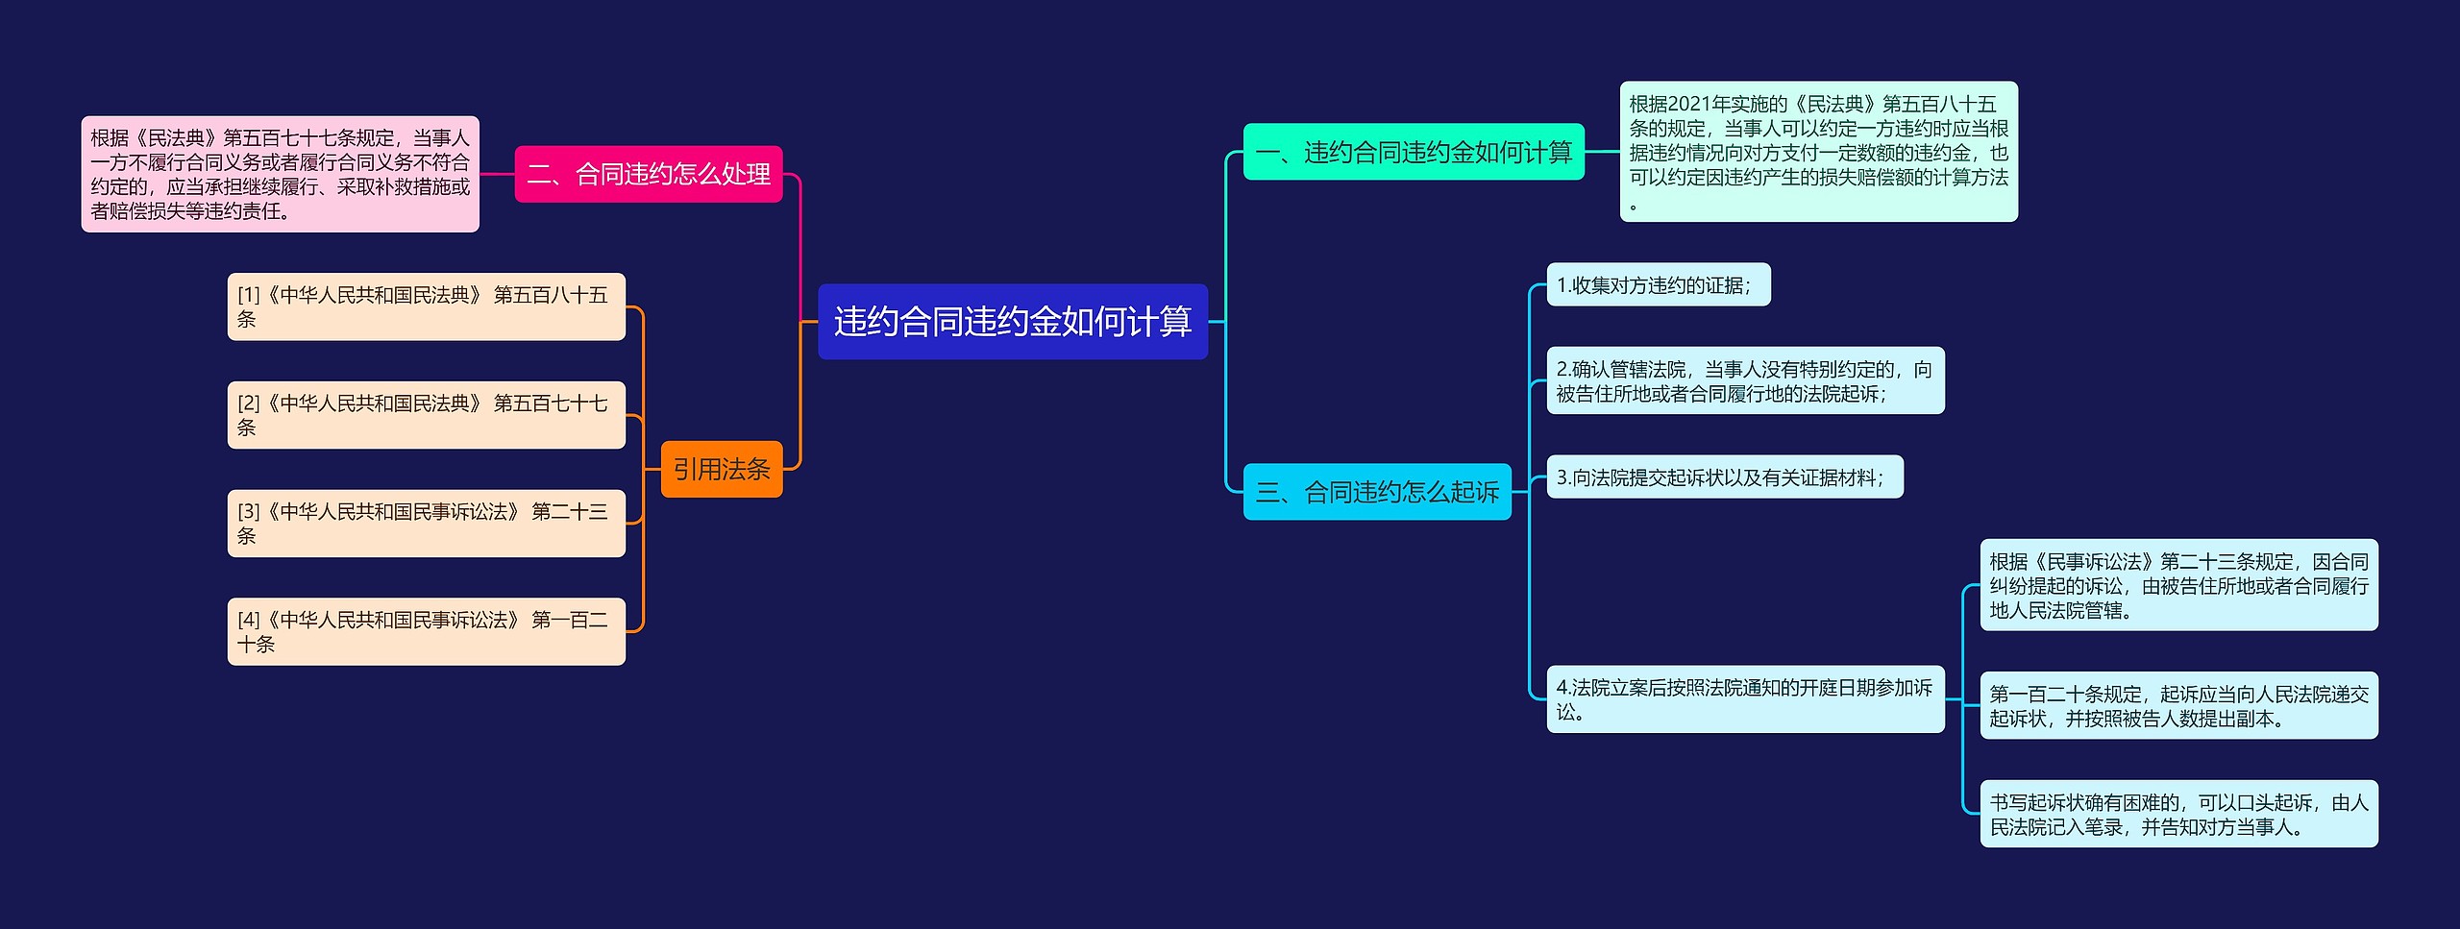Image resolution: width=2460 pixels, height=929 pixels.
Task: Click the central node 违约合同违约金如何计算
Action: pyautogui.click(x=1012, y=322)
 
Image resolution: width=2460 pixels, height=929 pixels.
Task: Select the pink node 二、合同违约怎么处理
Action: pyautogui.click(x=649, y=174)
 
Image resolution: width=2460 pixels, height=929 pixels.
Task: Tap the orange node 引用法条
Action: pyautogui.click(x=722, y=469)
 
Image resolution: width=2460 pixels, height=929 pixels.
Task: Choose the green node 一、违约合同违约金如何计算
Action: pyautogui.click(x=1414, y=152)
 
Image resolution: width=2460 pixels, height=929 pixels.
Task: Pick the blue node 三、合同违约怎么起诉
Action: pyautogui.click(x=1377, y=492)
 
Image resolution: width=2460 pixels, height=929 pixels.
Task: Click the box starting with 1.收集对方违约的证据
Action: pyautogui.click(x=1658, y=285)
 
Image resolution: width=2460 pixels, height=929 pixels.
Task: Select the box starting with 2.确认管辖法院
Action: pyautogui.click(x=1745, y=380)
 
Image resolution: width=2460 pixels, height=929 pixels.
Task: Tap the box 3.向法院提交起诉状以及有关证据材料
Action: pyautogui.click(x=1724, y=477)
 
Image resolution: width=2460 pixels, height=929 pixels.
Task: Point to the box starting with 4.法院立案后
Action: pyautogui.click(x=1745, y=699)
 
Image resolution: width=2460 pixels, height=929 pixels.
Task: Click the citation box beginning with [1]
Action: pyautogui.click(x=426, y=306)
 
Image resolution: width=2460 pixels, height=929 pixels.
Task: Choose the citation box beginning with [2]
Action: pyautogui.click(x=426, y=415)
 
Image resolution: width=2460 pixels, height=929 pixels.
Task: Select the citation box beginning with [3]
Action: pyautogui.click(x=426, y=524)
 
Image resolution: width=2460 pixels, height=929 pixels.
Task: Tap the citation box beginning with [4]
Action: pyautogui.click(x=426, y=631)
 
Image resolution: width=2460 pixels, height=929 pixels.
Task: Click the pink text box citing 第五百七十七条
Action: pyautogui.click(x=280, y=174)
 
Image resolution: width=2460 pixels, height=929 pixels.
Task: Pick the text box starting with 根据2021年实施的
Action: pyautogui.click(x=1818, y=152)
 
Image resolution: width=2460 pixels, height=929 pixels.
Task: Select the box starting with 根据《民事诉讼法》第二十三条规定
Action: pyautogui.click(x=2178, y=585)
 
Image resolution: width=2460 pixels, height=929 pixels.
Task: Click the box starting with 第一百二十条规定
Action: pyautogui.click(x=2178, y=705)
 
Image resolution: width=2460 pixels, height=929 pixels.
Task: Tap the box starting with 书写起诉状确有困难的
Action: pyautogui.click(x=2178, y=814)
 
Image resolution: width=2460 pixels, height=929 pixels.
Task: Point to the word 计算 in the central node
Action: pyautogui.click(x=1160, y=322)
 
